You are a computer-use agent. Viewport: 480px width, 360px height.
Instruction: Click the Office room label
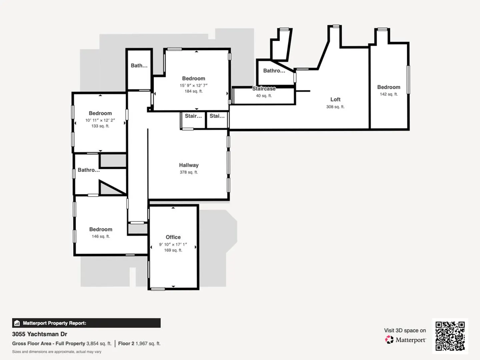173,237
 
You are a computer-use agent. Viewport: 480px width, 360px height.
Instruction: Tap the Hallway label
189,165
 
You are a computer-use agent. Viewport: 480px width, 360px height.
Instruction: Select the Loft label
335,99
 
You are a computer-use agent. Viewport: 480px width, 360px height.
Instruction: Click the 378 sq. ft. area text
189,172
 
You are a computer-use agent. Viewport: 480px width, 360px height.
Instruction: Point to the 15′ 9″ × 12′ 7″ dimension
194,85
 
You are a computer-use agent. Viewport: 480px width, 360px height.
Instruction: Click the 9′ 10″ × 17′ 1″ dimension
173,244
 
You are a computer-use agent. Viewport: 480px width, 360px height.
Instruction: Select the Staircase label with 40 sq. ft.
264,89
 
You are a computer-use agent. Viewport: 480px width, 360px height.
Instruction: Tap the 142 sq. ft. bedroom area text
389,94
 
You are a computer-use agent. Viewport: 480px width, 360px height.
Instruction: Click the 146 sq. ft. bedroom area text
101,236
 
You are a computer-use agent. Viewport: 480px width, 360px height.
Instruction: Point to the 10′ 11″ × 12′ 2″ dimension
100,120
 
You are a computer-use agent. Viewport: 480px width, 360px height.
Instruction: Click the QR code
450,336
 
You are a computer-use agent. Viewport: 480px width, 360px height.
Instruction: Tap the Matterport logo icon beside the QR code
389,340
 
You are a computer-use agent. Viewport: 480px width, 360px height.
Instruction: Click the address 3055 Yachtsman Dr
40,334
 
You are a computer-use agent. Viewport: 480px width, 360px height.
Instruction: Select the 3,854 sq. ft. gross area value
99,343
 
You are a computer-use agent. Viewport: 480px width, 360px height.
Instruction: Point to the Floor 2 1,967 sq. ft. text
139,343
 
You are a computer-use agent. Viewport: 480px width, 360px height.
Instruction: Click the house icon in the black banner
17,323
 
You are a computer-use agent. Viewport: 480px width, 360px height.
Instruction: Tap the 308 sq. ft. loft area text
335,107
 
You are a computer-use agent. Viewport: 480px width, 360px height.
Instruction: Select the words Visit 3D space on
405,330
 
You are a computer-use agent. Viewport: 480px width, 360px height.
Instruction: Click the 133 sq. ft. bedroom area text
100,126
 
